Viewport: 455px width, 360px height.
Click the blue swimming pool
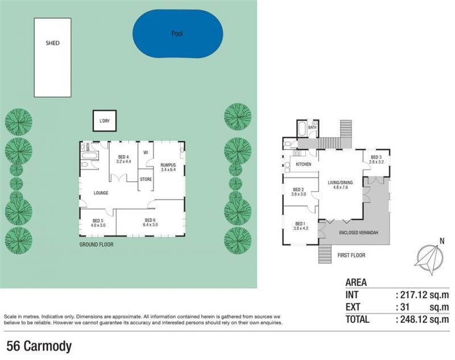tap(177, 34)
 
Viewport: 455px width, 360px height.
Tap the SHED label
tap(52, 43)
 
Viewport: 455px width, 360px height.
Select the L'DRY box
tap(105, 121)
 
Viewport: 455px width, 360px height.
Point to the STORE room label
tap(146, 179)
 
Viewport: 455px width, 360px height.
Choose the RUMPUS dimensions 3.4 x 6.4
tap(168, 169)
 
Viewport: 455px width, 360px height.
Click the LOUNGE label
tap(101, 193)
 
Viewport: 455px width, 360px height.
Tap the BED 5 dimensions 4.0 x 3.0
tap(98, 225)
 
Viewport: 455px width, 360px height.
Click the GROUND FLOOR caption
tap(96, 245)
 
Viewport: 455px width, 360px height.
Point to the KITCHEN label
tap(303, 164)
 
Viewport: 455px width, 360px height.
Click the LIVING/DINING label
tap(340, 183)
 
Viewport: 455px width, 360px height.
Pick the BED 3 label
tap(376, 157)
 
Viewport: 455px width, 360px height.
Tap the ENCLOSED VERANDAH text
tap(358, 233)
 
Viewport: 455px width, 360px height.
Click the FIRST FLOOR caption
tap(351, 255)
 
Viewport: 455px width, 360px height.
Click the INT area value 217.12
tap(414, 295)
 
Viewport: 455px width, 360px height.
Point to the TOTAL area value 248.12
tap(414, 320)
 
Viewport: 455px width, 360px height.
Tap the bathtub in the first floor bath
tap(301, 129)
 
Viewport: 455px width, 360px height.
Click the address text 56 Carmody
tap(39, 346)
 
